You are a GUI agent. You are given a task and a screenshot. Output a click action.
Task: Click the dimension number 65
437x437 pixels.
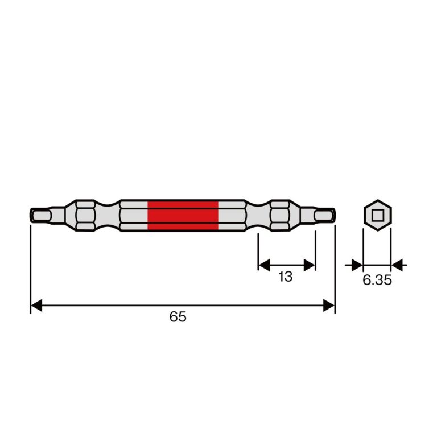[178, 316]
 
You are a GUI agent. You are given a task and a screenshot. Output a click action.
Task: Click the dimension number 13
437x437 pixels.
[286, 277]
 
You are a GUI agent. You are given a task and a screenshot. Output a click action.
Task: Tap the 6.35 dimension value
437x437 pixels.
[377, 280]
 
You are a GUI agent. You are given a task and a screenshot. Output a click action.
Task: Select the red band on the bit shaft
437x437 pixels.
[183, 216]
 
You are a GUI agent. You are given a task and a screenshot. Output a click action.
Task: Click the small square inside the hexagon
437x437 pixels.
[378, 216]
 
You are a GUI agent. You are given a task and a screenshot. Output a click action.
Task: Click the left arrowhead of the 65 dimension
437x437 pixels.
[36, 306]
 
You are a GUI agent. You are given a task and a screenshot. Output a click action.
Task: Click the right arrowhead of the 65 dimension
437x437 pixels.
[328, 306]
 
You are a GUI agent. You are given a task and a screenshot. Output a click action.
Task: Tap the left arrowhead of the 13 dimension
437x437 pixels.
[265, 265]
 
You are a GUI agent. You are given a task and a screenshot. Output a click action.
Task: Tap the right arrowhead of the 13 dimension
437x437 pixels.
[310, 265]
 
